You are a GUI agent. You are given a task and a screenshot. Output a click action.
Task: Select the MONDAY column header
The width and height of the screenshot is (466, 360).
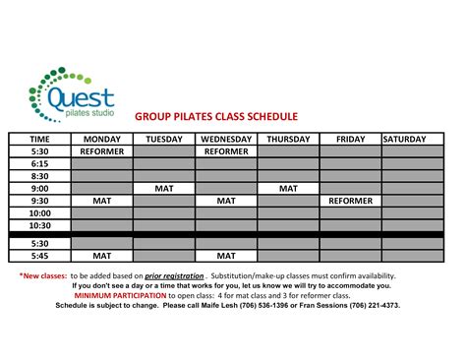click(101, 139)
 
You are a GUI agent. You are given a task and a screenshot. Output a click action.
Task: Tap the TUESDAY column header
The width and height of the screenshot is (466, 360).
click(163, 139)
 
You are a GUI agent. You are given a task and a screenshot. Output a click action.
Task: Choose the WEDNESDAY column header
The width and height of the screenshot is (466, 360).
click(226, 139)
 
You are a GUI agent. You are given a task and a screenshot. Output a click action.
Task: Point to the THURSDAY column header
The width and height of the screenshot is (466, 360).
click(288, 139)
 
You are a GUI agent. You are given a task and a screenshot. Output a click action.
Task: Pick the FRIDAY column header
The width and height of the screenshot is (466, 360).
click(351, 139)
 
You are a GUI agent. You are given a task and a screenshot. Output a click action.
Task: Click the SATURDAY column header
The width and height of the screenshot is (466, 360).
click(413, 139)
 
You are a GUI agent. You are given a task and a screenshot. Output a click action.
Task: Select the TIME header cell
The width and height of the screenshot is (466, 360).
click(40, 139)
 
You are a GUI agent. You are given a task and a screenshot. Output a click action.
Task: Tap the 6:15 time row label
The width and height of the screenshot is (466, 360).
click(40, 163)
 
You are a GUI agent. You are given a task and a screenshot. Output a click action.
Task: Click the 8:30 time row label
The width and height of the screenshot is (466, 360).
click(40, 175)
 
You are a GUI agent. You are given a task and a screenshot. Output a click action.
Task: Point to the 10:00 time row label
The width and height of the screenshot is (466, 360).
click(40, 212)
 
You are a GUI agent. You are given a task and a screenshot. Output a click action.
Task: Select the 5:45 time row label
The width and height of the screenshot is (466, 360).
click(40, 255)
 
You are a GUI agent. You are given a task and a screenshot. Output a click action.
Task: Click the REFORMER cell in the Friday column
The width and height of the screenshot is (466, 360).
click(351, 200)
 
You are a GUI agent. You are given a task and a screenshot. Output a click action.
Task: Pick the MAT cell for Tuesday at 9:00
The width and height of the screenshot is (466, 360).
click(163, 188)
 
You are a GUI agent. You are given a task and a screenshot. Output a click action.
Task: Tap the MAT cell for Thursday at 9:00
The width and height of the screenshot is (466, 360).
click(288, 188)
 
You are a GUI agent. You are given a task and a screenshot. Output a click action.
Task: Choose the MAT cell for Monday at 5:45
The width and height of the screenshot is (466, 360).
click(101, 255)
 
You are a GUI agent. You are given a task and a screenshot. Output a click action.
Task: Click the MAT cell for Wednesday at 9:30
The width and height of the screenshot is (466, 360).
click(226, 200)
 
